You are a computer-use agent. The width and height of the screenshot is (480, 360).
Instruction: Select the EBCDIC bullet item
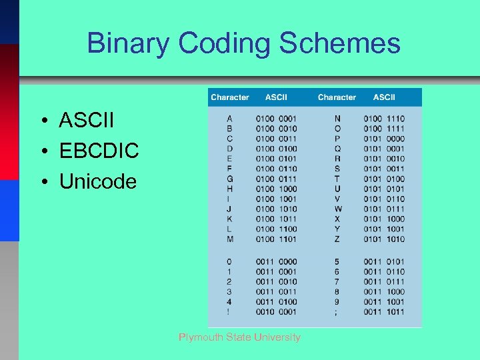click(99, 151)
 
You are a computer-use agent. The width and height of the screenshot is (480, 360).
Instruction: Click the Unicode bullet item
click(97, 181)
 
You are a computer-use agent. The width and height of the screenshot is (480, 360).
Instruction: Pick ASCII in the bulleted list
click(87, 121)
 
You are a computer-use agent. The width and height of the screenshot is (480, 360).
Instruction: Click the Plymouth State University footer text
click(239, 337)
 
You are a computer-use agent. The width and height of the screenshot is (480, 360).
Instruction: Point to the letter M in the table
click(230, 239)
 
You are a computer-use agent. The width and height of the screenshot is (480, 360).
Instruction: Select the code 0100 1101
click(276, 239)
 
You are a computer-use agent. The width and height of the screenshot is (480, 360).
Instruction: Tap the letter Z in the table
click(337, 239)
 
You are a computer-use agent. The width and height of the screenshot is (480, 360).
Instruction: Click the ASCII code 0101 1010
click(384, 239)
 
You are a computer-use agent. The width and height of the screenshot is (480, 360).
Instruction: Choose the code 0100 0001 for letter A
click(276, 119)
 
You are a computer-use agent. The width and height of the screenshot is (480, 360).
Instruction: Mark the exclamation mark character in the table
click(230, 311)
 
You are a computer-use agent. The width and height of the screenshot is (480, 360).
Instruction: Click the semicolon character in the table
click(337, 311)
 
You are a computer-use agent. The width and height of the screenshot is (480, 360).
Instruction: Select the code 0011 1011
click(384, 311)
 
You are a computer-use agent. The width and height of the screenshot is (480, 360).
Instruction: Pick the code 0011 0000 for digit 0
click(276, 261)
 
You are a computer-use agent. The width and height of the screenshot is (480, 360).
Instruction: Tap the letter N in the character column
click(337, 119)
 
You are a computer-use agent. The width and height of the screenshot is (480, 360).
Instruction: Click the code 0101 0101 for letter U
click(384, 189)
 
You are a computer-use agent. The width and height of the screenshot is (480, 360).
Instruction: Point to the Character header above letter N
click(337, 97)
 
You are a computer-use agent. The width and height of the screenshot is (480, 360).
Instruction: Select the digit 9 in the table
click(337, 301)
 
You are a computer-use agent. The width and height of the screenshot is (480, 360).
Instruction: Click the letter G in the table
click(230, 179)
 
